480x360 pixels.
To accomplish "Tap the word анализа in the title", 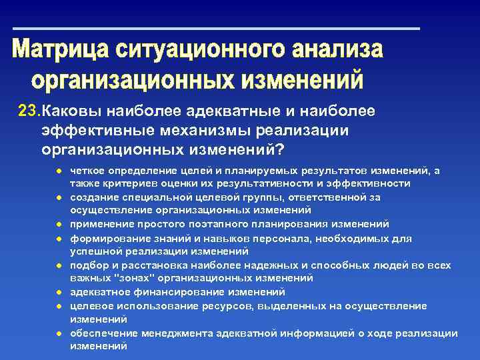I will point(337,51).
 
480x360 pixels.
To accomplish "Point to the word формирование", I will point(103,238).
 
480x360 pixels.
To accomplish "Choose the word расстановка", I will point(145,265).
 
